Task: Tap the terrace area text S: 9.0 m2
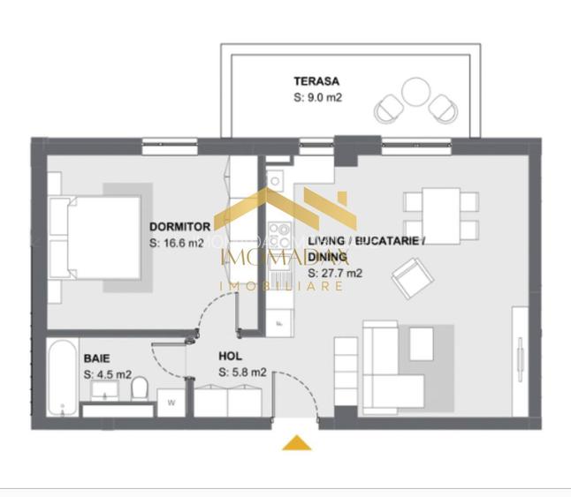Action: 317,98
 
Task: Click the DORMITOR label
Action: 180,227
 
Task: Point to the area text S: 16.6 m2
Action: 177,243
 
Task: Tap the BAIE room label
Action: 97,359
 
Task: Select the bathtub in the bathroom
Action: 62,379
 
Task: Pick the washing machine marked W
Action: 171,403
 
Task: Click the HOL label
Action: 231,358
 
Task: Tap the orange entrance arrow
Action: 297,442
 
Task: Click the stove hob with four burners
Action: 279,236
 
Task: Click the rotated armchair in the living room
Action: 409,277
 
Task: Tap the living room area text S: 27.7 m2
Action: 335,274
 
